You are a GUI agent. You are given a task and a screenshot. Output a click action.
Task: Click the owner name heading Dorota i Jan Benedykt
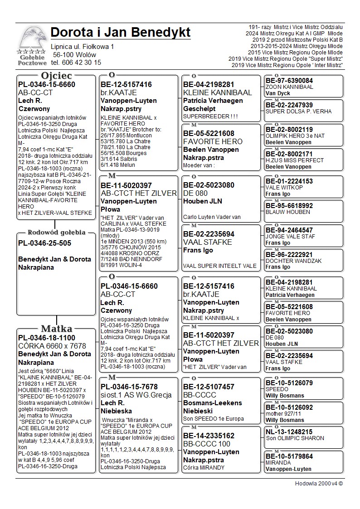[121, 33]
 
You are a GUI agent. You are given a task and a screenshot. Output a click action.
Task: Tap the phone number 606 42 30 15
[83, 63]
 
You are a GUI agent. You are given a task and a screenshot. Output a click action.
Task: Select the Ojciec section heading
[56, 76]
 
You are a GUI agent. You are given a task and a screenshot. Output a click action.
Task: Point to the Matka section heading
[56, 329]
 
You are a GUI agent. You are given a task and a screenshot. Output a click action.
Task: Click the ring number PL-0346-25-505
[44, 243]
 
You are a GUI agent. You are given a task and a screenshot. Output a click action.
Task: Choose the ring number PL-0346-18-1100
[47, 338]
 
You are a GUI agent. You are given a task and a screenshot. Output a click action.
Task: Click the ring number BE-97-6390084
[289, 81]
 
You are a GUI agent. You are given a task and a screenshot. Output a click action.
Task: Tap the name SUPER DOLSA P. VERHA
[298, 111]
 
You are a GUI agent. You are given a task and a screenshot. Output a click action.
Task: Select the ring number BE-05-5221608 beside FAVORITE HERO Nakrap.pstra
[209, 133]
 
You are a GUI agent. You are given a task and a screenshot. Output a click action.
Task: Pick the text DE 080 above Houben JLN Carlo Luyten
[193, 193]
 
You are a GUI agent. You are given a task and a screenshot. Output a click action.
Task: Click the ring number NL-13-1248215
[289, 432]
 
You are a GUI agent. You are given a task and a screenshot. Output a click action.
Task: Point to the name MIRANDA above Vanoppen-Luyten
[278, 463]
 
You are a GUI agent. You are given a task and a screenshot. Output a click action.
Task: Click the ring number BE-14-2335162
[209, 436]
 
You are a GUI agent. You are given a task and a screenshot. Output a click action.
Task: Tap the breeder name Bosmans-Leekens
[213, 403]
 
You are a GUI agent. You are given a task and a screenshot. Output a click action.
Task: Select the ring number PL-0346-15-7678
[129, 387]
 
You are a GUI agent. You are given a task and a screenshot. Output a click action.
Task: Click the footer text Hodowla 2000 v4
[319, 484]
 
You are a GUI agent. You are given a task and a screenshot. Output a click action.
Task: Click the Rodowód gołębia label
[56, 233]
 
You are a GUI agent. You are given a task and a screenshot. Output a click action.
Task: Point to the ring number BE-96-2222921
[289, 254]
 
